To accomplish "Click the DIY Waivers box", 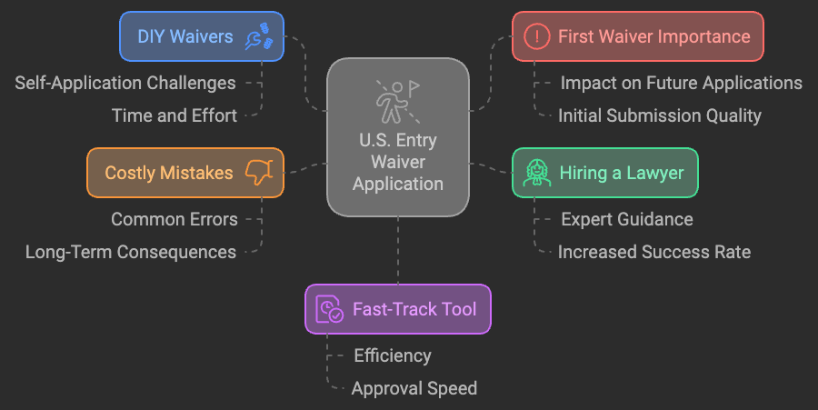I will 202,36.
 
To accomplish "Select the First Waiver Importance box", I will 637,36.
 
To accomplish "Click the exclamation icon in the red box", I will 538,36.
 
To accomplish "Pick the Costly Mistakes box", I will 185,173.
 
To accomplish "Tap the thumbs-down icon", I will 259,172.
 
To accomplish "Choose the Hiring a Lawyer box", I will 604,173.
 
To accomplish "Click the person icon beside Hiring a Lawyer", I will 537,173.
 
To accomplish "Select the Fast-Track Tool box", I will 397,309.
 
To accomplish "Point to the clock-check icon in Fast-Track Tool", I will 328,309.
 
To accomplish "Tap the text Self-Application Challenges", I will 125,83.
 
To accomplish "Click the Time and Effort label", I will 175,115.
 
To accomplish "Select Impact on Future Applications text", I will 681,83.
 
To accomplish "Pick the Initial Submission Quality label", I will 659,115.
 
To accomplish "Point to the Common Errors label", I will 175,219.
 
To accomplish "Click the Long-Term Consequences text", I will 131,252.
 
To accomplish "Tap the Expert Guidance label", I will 626,219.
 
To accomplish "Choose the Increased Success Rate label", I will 654,252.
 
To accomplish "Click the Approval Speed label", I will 414,388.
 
